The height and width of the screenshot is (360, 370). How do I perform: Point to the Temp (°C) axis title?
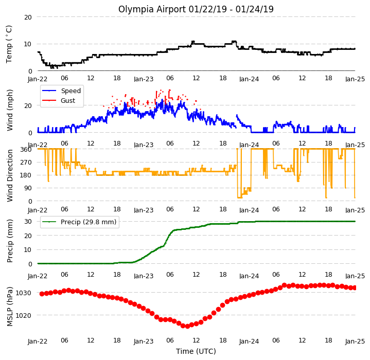point(9,44)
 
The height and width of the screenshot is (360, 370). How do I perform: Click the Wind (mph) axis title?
point(9,110)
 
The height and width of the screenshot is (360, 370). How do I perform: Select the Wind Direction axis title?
point(9,176)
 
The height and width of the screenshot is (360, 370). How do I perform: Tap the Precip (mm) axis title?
point(9,241)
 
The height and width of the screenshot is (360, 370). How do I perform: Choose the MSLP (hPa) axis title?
point(9,307)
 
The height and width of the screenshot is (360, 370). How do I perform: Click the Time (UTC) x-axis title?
point(196,351)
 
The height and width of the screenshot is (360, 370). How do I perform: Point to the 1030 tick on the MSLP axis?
point(23,293)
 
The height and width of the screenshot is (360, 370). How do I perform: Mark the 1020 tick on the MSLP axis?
point(23,315)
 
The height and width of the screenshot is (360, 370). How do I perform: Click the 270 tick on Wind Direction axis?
point(26,163)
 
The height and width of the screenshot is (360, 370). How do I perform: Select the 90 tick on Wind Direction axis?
point(28,188)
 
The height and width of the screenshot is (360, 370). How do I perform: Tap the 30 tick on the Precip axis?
point(28,221)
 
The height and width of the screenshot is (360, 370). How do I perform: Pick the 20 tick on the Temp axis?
point(28,17)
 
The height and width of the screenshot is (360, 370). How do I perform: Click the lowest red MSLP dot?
point(187,326)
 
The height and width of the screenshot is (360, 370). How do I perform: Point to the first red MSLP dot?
point(42,294)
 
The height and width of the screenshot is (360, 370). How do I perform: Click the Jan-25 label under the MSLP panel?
point(355,341)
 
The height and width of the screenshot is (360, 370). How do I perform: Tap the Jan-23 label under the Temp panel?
point(144,79)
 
